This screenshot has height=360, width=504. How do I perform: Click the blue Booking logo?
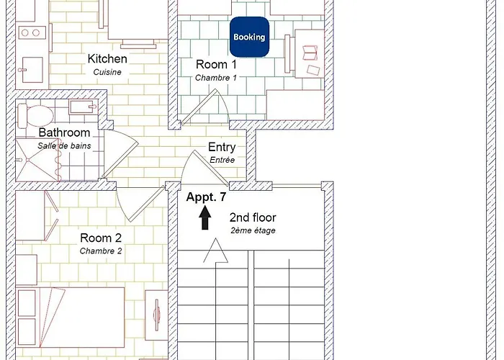249,37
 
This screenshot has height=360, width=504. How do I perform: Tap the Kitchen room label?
107,59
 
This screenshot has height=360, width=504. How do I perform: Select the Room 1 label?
216,64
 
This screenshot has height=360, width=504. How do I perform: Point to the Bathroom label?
64,132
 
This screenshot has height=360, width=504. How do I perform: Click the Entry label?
222,147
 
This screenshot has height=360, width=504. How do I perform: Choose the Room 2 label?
101,238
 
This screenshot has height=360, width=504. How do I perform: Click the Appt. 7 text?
206,197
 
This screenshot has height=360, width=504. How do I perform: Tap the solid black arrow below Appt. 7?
205,217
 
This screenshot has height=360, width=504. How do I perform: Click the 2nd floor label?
253,217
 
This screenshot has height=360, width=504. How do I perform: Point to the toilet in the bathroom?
35,116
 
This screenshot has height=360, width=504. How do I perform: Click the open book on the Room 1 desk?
310,53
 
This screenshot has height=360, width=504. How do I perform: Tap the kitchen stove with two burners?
30,33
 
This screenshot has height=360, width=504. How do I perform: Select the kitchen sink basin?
32,70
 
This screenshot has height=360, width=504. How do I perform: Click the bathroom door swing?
120,153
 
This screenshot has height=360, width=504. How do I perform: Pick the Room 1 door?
205,107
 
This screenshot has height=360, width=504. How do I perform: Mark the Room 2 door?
141,204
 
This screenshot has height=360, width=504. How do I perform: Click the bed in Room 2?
70,318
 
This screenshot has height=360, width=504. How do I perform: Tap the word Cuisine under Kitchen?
107,72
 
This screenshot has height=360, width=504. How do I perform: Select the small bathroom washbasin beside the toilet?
83,107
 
